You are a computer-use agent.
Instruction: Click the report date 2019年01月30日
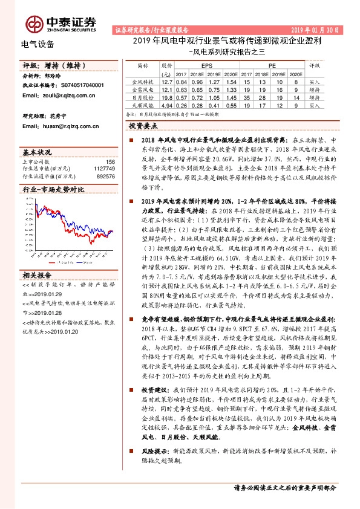pyautogui.click(x=316, y=29)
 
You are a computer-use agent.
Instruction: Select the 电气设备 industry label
pyautogui.click(x=38, y=44)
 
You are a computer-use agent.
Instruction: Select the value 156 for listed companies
pyautogui.click(x=110, y=161)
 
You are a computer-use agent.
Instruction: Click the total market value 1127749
pyautogui.click(x=105, y=169)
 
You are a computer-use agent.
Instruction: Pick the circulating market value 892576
pyautogui.click(x=106, y=176)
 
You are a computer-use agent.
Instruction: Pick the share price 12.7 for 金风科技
pyautogui.click(x=168, y=81)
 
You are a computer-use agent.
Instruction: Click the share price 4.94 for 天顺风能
pyautogui.click(x=168, y=105)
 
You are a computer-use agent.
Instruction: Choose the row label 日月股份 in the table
pyautogui.click(x=143, y=97)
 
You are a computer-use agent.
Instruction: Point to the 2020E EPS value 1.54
pyautogui.click(x=230, y=81)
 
